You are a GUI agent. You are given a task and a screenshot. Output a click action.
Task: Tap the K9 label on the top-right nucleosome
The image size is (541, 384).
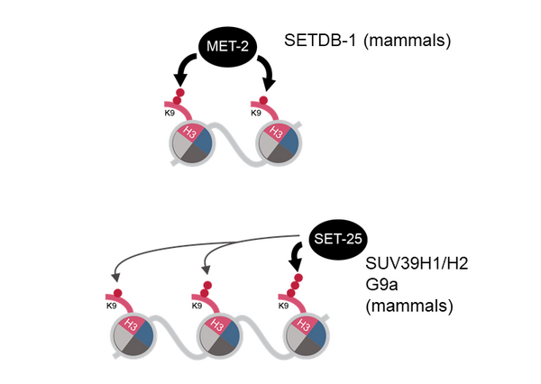pyautogui.click(x=257, y=114)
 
